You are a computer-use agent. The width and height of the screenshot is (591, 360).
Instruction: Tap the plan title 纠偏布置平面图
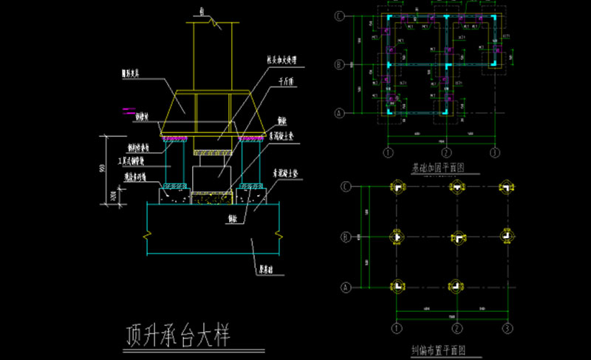click(437, 350)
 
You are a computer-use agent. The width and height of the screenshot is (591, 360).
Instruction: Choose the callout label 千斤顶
click(281, 82)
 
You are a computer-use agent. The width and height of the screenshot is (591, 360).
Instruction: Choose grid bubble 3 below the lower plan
click(507, 327)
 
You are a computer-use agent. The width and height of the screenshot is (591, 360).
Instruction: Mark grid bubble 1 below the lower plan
click(397, 327)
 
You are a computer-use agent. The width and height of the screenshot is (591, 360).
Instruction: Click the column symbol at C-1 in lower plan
click(397, 188)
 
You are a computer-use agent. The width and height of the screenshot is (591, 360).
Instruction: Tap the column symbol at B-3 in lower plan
click(507, 237)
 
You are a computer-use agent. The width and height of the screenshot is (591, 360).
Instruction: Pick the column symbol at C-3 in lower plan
click(507, 188)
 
